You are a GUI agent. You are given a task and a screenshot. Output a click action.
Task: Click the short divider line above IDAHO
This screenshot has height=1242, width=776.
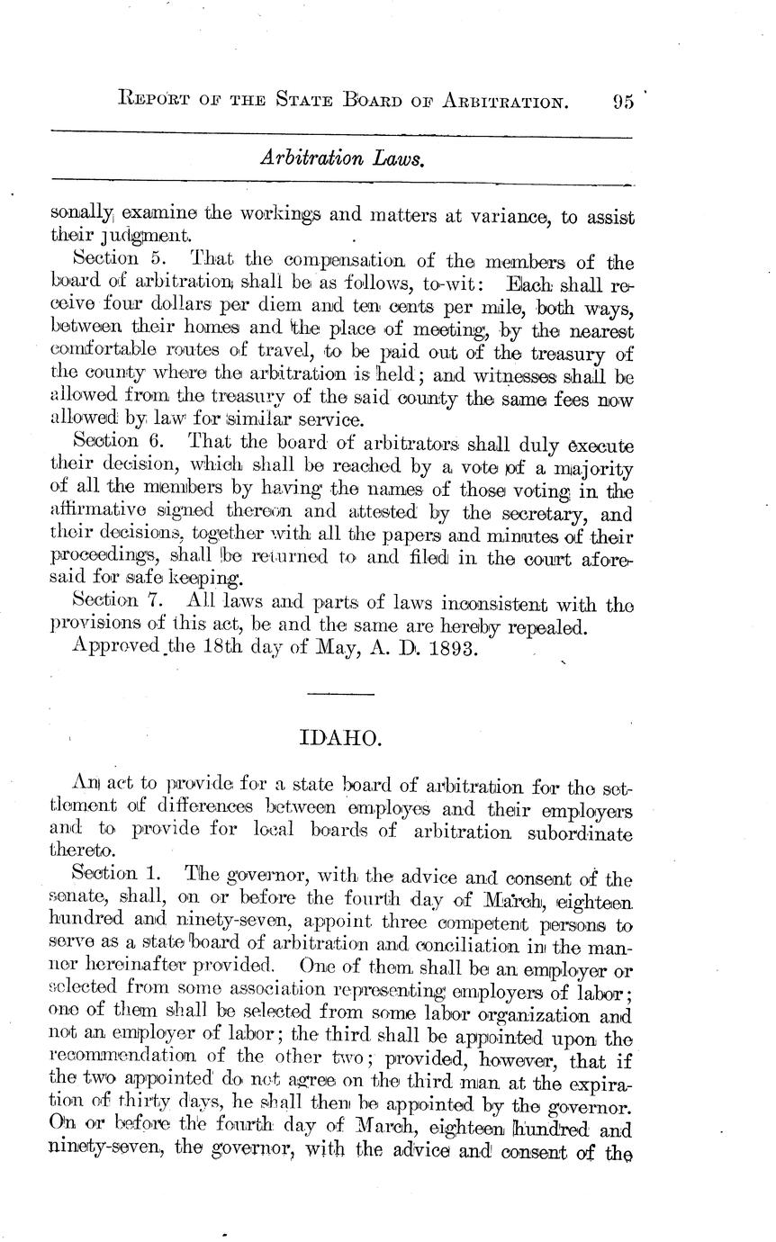point(341,695)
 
